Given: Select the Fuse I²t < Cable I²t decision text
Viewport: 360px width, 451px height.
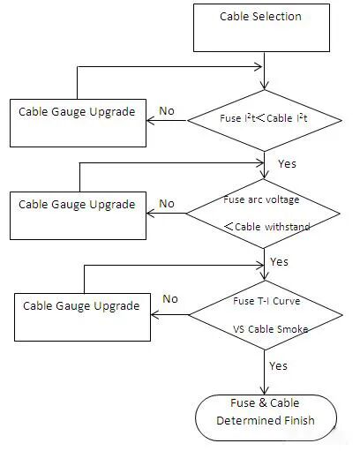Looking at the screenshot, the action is coord(264,118).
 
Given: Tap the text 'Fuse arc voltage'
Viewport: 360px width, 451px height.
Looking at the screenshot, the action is coord(261,199).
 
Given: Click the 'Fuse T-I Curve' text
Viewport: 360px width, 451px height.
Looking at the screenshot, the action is coord(266,301).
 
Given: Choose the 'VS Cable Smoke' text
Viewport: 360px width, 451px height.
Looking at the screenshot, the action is coord(271,329).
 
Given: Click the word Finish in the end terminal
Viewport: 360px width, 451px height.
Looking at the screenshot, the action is coord(297,420).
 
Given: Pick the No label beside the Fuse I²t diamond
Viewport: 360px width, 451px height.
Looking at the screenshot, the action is coord(167,111).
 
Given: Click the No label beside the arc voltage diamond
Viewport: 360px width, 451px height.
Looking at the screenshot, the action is coord(167,204).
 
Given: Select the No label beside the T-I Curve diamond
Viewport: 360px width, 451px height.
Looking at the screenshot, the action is coord(170,299).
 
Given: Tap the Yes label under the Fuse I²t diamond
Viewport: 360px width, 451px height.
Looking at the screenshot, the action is coord(287,164).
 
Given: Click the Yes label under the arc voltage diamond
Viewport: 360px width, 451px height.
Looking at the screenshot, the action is coord(279,261).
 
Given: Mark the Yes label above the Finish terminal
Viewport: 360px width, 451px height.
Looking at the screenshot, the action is coord(278,366).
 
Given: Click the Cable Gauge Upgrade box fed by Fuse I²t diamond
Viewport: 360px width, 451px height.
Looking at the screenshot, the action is coord(78,123).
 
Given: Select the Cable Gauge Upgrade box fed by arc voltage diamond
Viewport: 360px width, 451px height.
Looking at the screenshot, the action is coord(78,215).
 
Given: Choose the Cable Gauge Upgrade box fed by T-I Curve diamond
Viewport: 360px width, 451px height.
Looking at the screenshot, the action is coord(82,317).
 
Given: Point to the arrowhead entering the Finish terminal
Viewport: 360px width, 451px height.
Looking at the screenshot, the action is coord(265,391).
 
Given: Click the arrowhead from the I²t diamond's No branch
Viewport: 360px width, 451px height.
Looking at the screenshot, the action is coord(150,120).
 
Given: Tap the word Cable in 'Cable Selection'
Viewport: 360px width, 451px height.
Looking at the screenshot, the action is coord(235,17).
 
